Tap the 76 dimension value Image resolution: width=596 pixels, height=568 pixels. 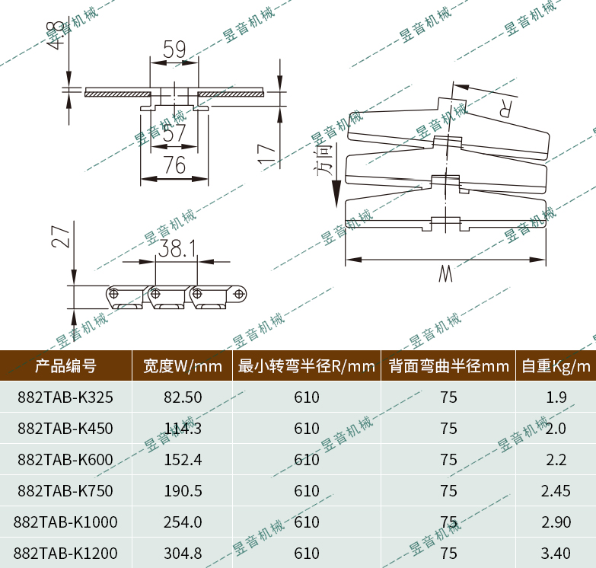tap(174, 165)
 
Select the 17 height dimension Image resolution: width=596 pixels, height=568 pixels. tap(266, 153)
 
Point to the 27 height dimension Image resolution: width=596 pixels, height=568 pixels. tap(62, 236)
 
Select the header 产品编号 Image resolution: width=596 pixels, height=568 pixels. tap(66, 366)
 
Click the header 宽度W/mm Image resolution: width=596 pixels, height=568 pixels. tap(183, 366)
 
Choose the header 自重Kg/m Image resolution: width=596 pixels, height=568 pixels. tap(556, 366)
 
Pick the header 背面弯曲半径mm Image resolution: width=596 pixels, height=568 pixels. tap(448, 366)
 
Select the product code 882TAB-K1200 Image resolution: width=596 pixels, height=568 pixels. tap(66, 553)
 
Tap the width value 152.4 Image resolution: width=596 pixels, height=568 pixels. tap(183, 460)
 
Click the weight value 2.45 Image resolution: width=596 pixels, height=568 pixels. tap(555, 491)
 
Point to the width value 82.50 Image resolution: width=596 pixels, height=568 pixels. tap(183, 397)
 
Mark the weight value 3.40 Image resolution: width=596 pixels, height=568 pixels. tap(555, 553)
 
